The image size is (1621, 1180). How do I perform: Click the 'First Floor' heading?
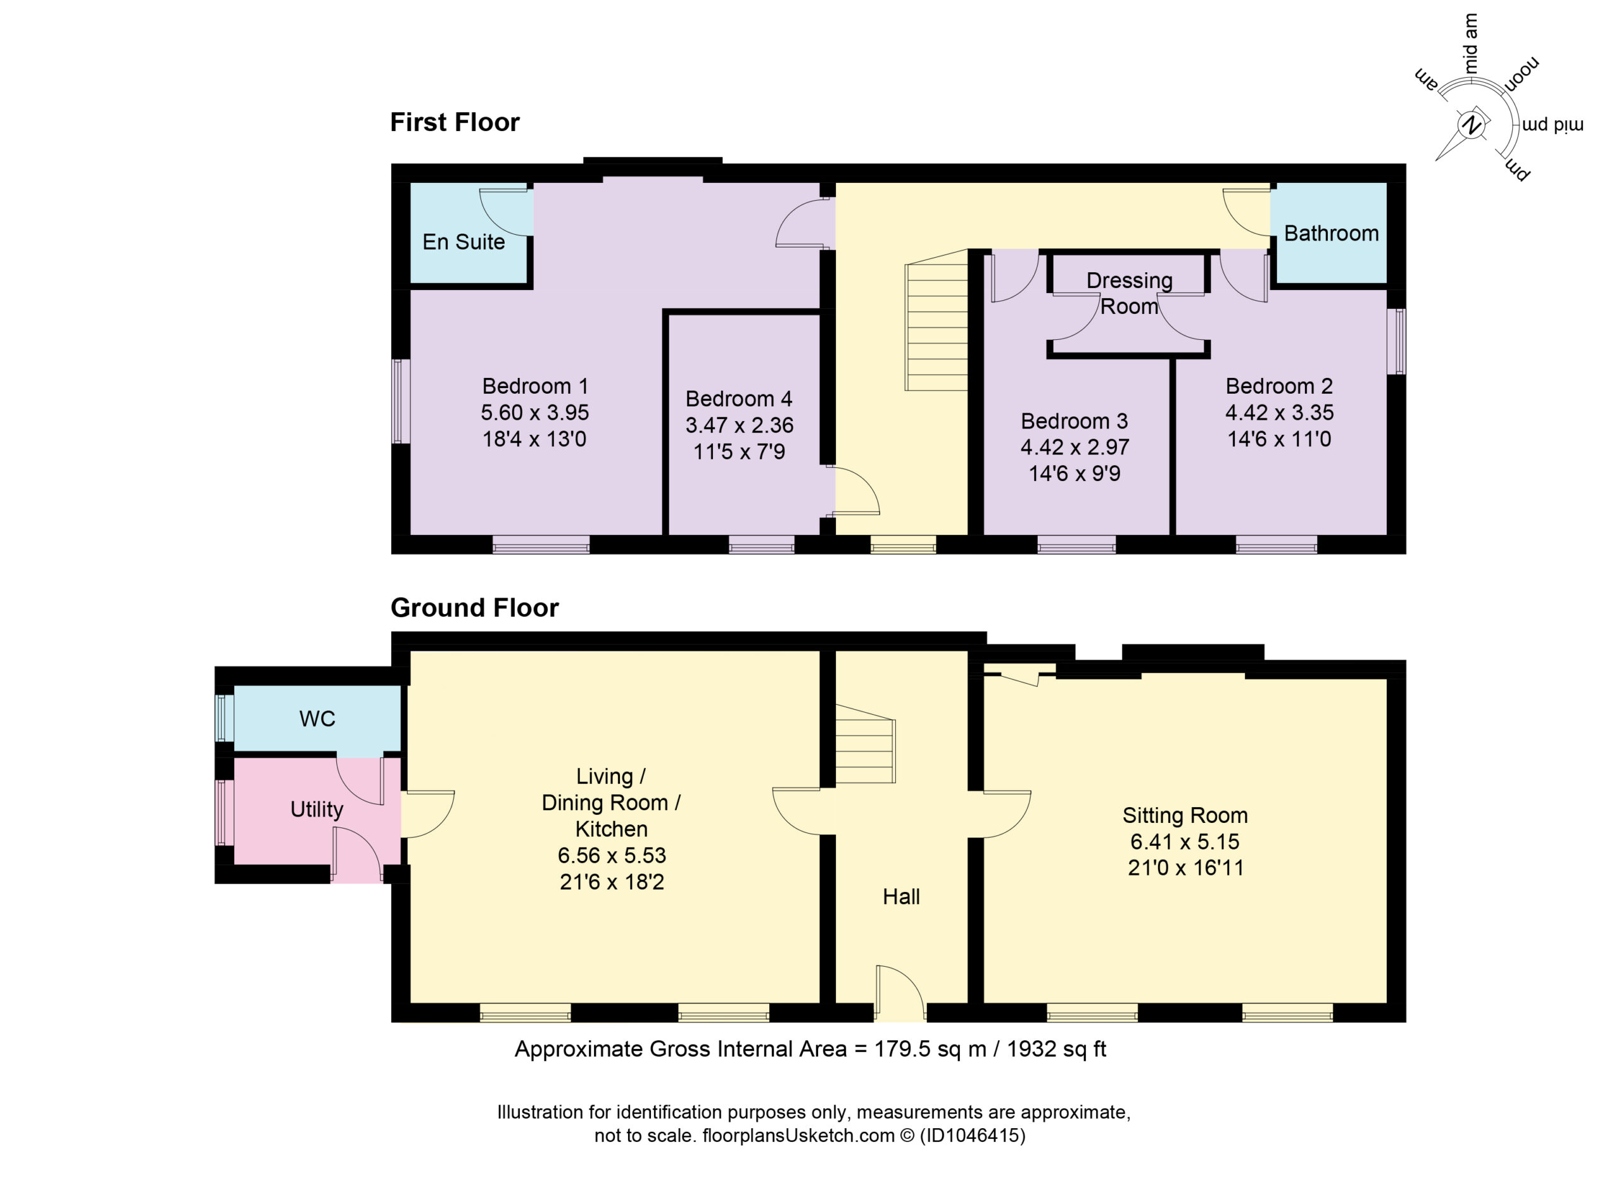click(455, 122)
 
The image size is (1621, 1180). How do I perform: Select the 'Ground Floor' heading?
click(474, 608)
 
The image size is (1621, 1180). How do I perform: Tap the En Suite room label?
click(464, 242)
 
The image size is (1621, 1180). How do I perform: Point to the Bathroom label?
click(1332, 233)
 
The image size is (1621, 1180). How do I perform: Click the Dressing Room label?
click(1129, 293)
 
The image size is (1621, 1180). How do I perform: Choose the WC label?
click(317, 719)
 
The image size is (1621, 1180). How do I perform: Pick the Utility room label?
click(317, 809)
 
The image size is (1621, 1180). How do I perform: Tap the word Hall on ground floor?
click(901, 896)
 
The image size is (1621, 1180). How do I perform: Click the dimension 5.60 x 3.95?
click(534, 412)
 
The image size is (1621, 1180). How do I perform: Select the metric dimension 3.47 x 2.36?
click(739, 425)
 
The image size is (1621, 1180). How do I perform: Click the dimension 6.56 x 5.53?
click(612, 855)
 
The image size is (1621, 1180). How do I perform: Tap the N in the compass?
click(1471, 126)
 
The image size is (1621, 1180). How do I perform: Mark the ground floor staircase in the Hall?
click(866, 743)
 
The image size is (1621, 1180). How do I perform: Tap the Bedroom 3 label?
click(1075, 421)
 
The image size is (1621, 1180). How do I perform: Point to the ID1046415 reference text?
click(972, 1135)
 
